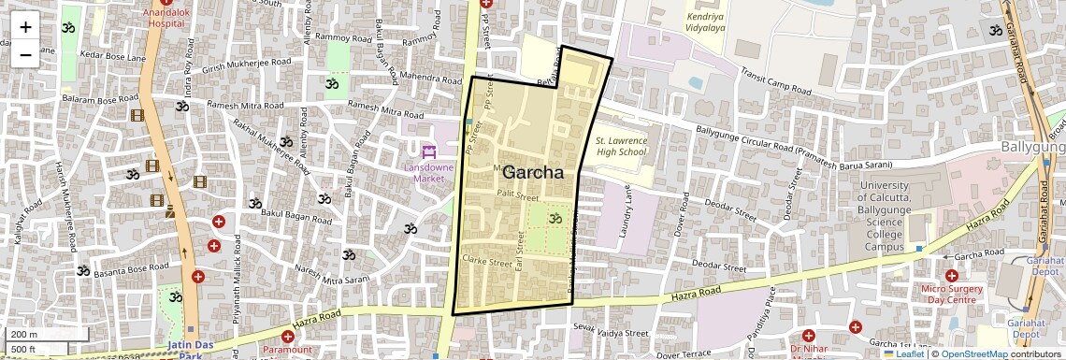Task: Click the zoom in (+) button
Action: pos(25,27)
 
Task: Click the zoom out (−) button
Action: pos(25,55)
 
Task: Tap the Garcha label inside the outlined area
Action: pos(533,173)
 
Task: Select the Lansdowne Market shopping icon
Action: pos(429,151)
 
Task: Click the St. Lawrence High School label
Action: pos(621,146)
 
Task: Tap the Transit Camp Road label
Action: pos(775,82)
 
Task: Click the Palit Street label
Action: pos(518,195)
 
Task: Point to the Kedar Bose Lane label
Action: pos(112,57)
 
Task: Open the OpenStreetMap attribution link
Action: pos(973,353)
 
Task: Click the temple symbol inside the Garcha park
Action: pos(555,219)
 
